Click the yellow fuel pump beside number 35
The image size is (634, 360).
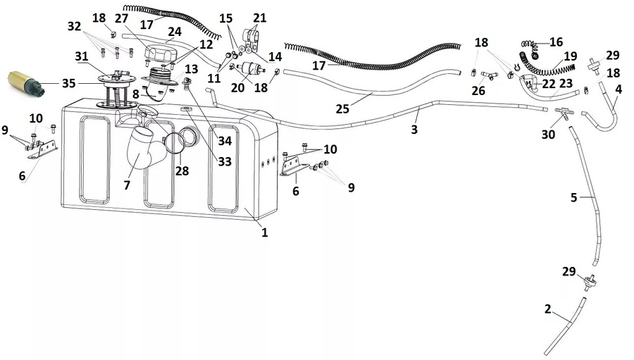pos(25,82)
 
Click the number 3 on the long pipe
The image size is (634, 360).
pos(414,130)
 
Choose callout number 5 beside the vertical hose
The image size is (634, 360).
pos(574,199)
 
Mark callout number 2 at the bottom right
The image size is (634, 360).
pos(547,309)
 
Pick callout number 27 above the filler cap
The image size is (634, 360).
pos(121,19)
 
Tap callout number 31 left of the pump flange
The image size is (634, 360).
pos(82,56)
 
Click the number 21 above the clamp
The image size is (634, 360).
pos(260,17)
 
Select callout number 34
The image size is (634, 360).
pos(224,141)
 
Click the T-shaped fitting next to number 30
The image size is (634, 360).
pos(564,111)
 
